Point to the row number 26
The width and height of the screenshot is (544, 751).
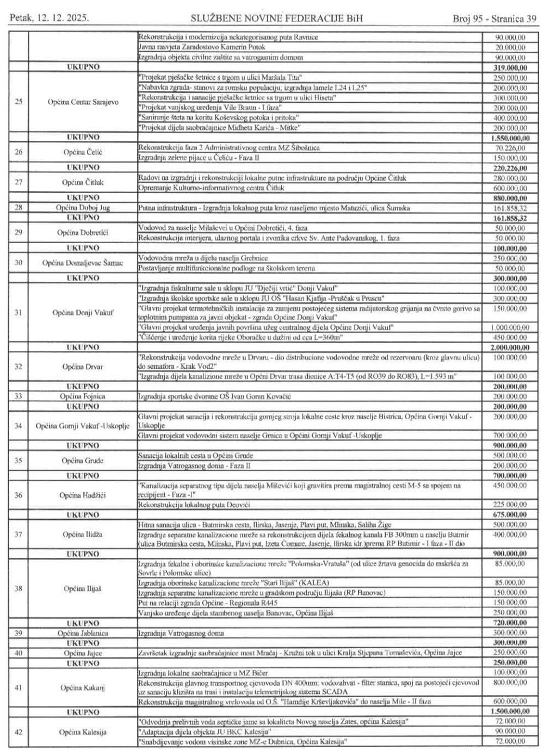coord(18,152)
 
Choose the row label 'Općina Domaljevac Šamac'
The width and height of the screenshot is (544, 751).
coord(82,263)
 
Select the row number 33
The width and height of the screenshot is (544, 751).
coord(18,396)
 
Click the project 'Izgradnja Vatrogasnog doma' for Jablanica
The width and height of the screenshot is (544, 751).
coord(181,633)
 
